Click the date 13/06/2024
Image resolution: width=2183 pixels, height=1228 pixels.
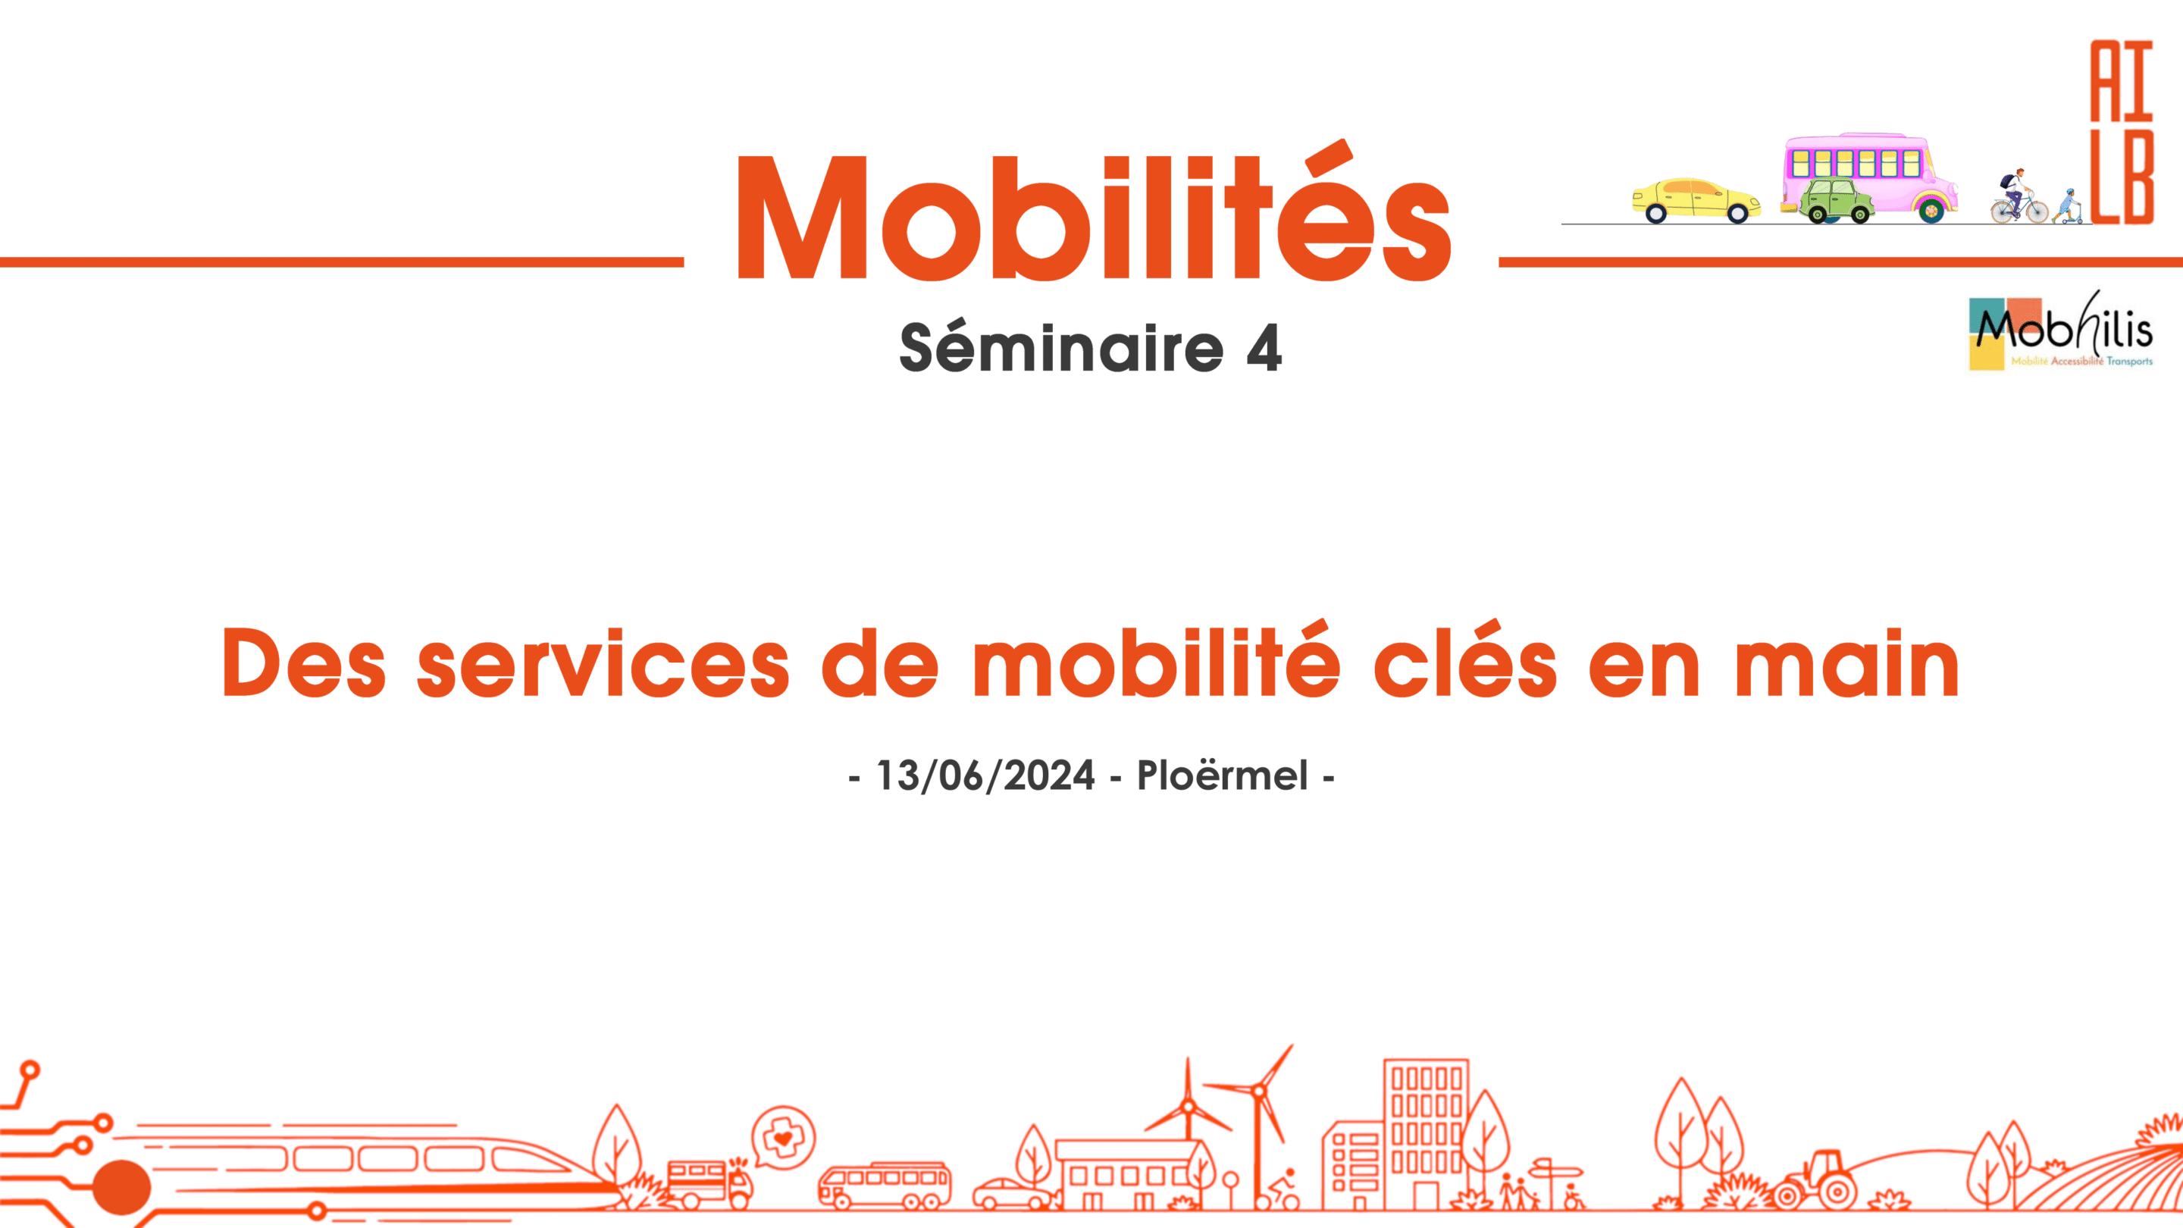[985, 775]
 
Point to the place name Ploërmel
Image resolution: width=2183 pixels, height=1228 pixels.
[1222, 775]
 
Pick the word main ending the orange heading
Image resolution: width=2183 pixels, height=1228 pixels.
[1846, 663]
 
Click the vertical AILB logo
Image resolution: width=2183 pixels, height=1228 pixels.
[2122, 131]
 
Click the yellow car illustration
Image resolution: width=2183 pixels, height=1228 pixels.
[1696, 200]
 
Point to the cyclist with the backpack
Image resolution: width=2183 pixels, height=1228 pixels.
[2019, 196]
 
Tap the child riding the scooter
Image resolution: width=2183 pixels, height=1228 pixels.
[2069, 207]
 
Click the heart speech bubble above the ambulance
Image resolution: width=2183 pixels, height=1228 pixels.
[783, 1137]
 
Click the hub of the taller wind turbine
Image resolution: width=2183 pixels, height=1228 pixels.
[1259, 1091]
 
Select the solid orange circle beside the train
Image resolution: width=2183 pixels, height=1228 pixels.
[121, 1187]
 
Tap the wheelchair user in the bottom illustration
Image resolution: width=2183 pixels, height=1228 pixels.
[1573, 1196]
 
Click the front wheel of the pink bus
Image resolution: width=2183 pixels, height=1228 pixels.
[1931, 209]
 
